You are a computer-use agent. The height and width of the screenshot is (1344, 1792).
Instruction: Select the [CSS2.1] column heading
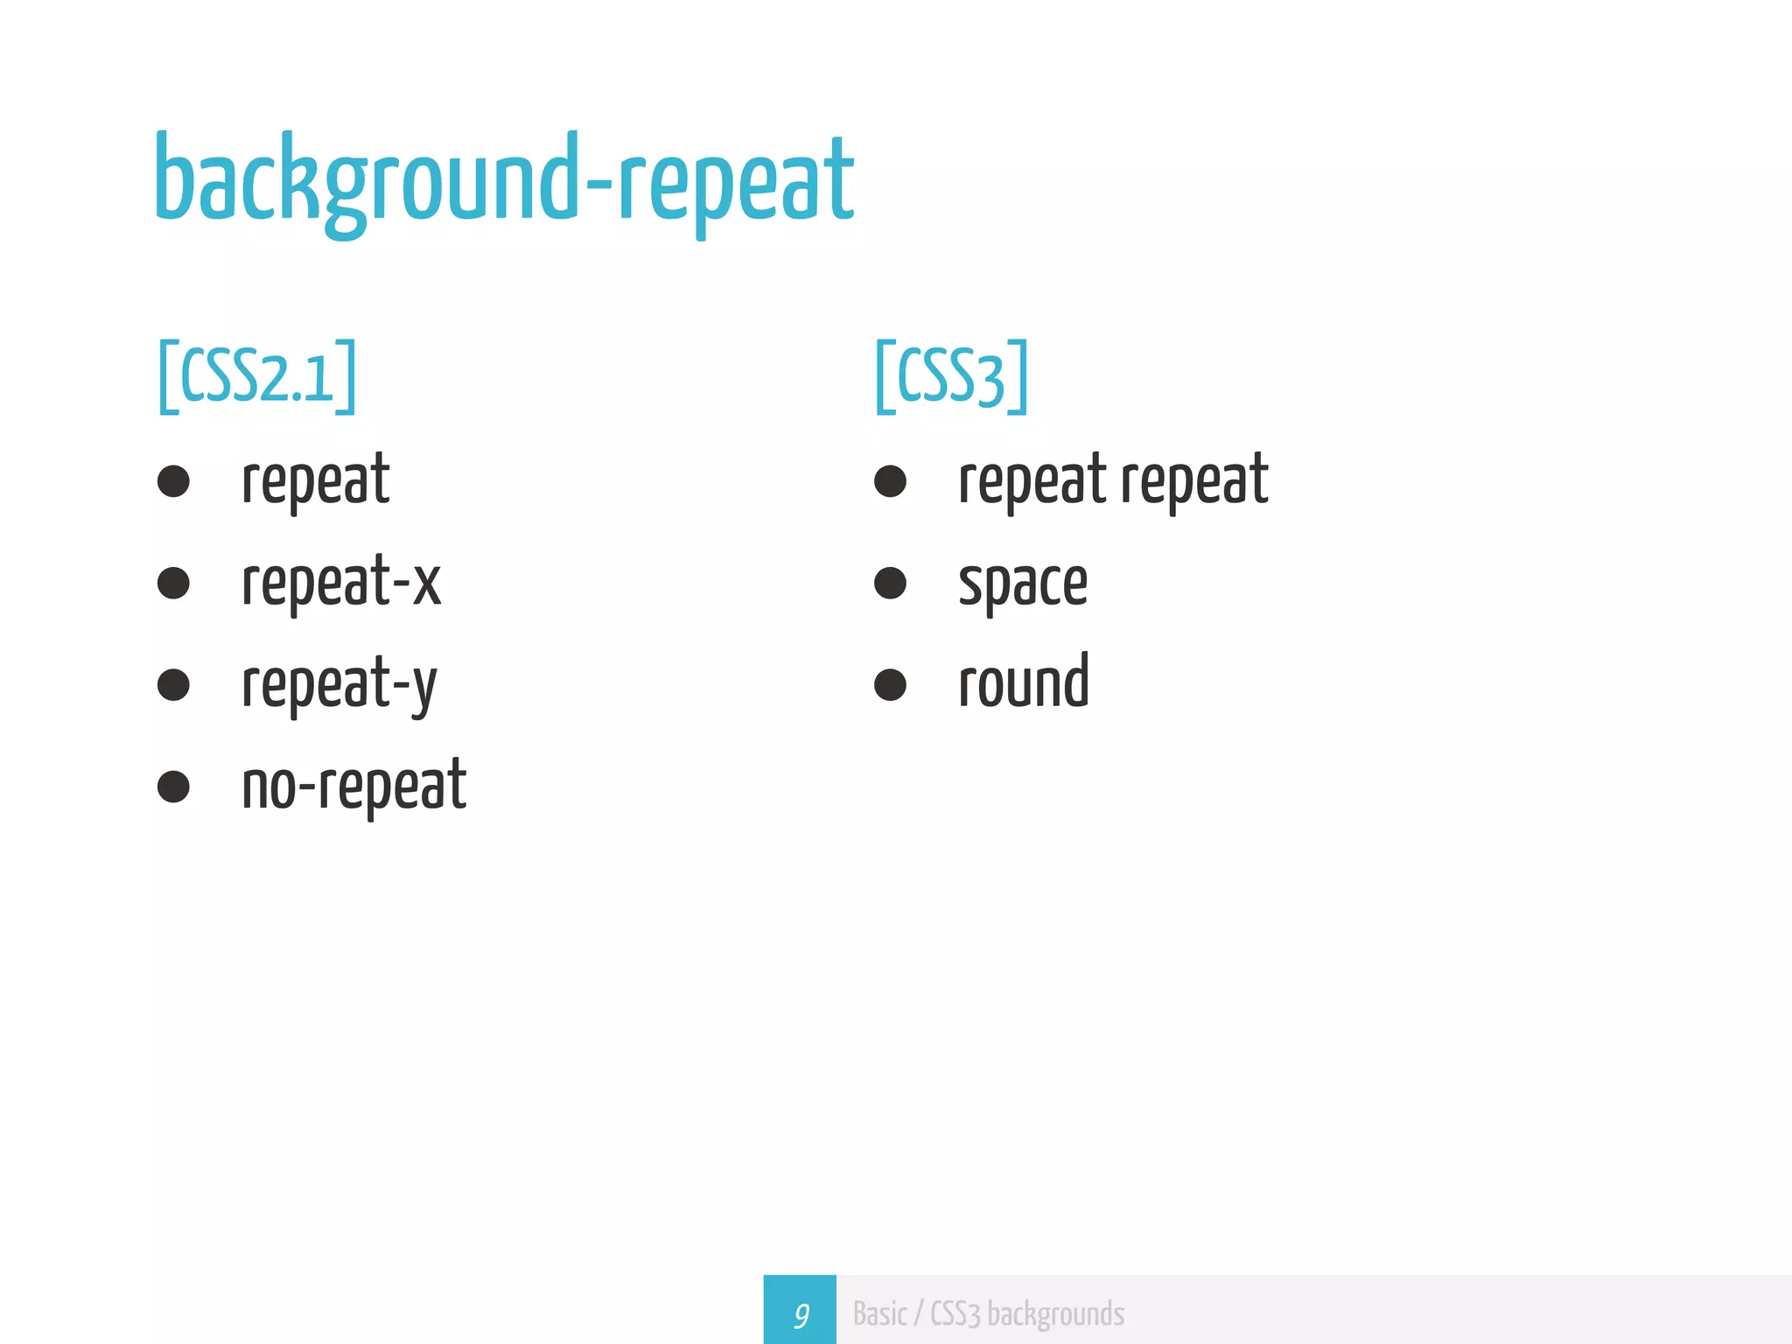coord(257,376)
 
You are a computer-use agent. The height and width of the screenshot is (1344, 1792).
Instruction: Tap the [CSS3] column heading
coord(951,376)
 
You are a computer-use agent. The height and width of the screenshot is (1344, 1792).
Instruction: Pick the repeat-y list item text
coord(339,684)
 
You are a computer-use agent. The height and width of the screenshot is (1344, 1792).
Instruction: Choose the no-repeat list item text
coord(353,786)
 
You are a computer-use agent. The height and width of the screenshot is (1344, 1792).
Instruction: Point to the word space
coord(1023,584)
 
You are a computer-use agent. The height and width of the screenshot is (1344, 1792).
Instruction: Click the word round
coord(1024,682)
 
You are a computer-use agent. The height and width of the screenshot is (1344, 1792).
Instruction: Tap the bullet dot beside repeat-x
coord(173,584)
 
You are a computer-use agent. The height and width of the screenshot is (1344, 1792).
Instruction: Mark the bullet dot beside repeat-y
coord(173,685)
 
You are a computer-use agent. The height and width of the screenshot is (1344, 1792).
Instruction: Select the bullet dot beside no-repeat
coord(173,787)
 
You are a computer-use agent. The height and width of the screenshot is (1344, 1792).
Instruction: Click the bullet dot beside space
coord(890,584)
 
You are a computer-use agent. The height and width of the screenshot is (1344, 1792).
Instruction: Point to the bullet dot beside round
coord(890,685)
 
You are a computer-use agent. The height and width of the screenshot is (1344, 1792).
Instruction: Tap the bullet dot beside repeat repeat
coord(890,481)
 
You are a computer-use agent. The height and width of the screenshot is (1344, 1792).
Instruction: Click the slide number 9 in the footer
coord(800,1314)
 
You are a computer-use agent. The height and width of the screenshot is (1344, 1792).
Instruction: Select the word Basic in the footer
coord(879,1314)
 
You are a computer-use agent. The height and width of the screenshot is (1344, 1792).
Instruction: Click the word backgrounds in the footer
coord(1055,1314)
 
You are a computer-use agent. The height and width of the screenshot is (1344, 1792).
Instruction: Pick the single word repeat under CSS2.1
coord(315,481)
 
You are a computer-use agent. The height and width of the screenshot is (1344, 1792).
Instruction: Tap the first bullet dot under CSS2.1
coord(173,481)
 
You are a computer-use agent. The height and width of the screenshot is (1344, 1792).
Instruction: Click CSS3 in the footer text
coord(955,1314)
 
